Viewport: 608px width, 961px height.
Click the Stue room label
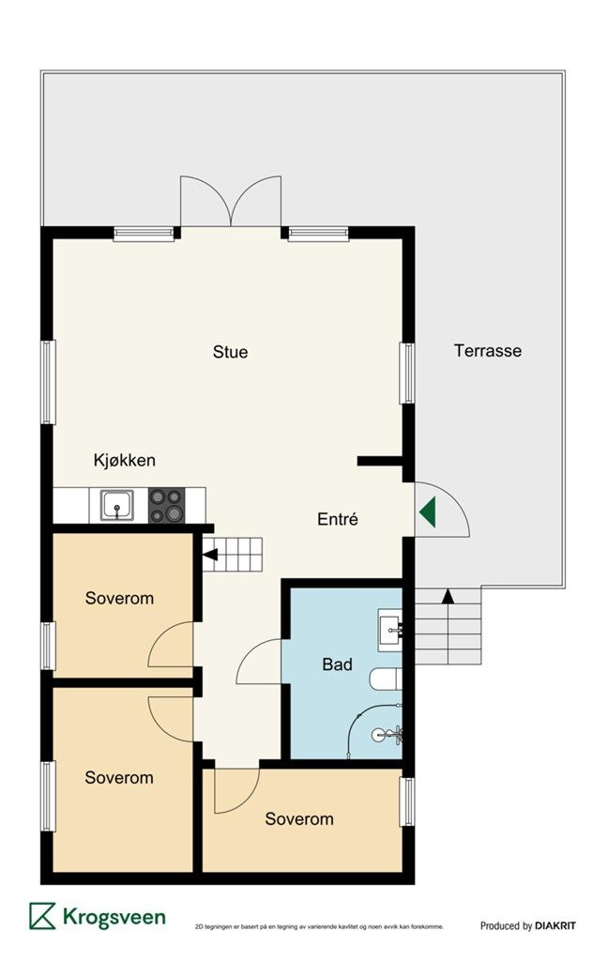tap(230, 352)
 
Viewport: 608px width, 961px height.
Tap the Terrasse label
tap(488, 351)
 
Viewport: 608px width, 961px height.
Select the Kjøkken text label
tap(125, 460)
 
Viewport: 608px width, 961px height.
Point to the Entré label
tap(338, 519)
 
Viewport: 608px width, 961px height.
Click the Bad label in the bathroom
tap(337, 664)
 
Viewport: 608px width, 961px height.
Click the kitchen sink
tap(117, 506)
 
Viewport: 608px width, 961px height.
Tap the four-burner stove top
tap(167, 506)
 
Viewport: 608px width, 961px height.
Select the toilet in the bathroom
tap(386, 679)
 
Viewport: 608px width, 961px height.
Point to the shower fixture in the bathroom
tap(388, 733)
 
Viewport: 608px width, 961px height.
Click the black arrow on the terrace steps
tap(448, 596)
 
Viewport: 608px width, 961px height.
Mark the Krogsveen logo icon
tap(42, 916)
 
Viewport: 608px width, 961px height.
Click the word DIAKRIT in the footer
tap(555, 925)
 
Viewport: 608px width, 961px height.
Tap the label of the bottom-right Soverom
tap(299, 818)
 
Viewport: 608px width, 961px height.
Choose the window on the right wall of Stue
tap(407, 373)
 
